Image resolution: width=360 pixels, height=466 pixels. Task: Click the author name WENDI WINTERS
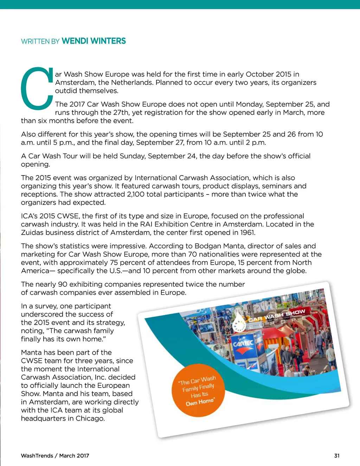94,41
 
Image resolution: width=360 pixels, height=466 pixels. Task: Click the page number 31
337,455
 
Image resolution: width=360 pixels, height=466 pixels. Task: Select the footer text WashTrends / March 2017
55,455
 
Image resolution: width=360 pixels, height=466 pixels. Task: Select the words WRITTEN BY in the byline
40,42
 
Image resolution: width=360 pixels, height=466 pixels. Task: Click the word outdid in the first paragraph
66,91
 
